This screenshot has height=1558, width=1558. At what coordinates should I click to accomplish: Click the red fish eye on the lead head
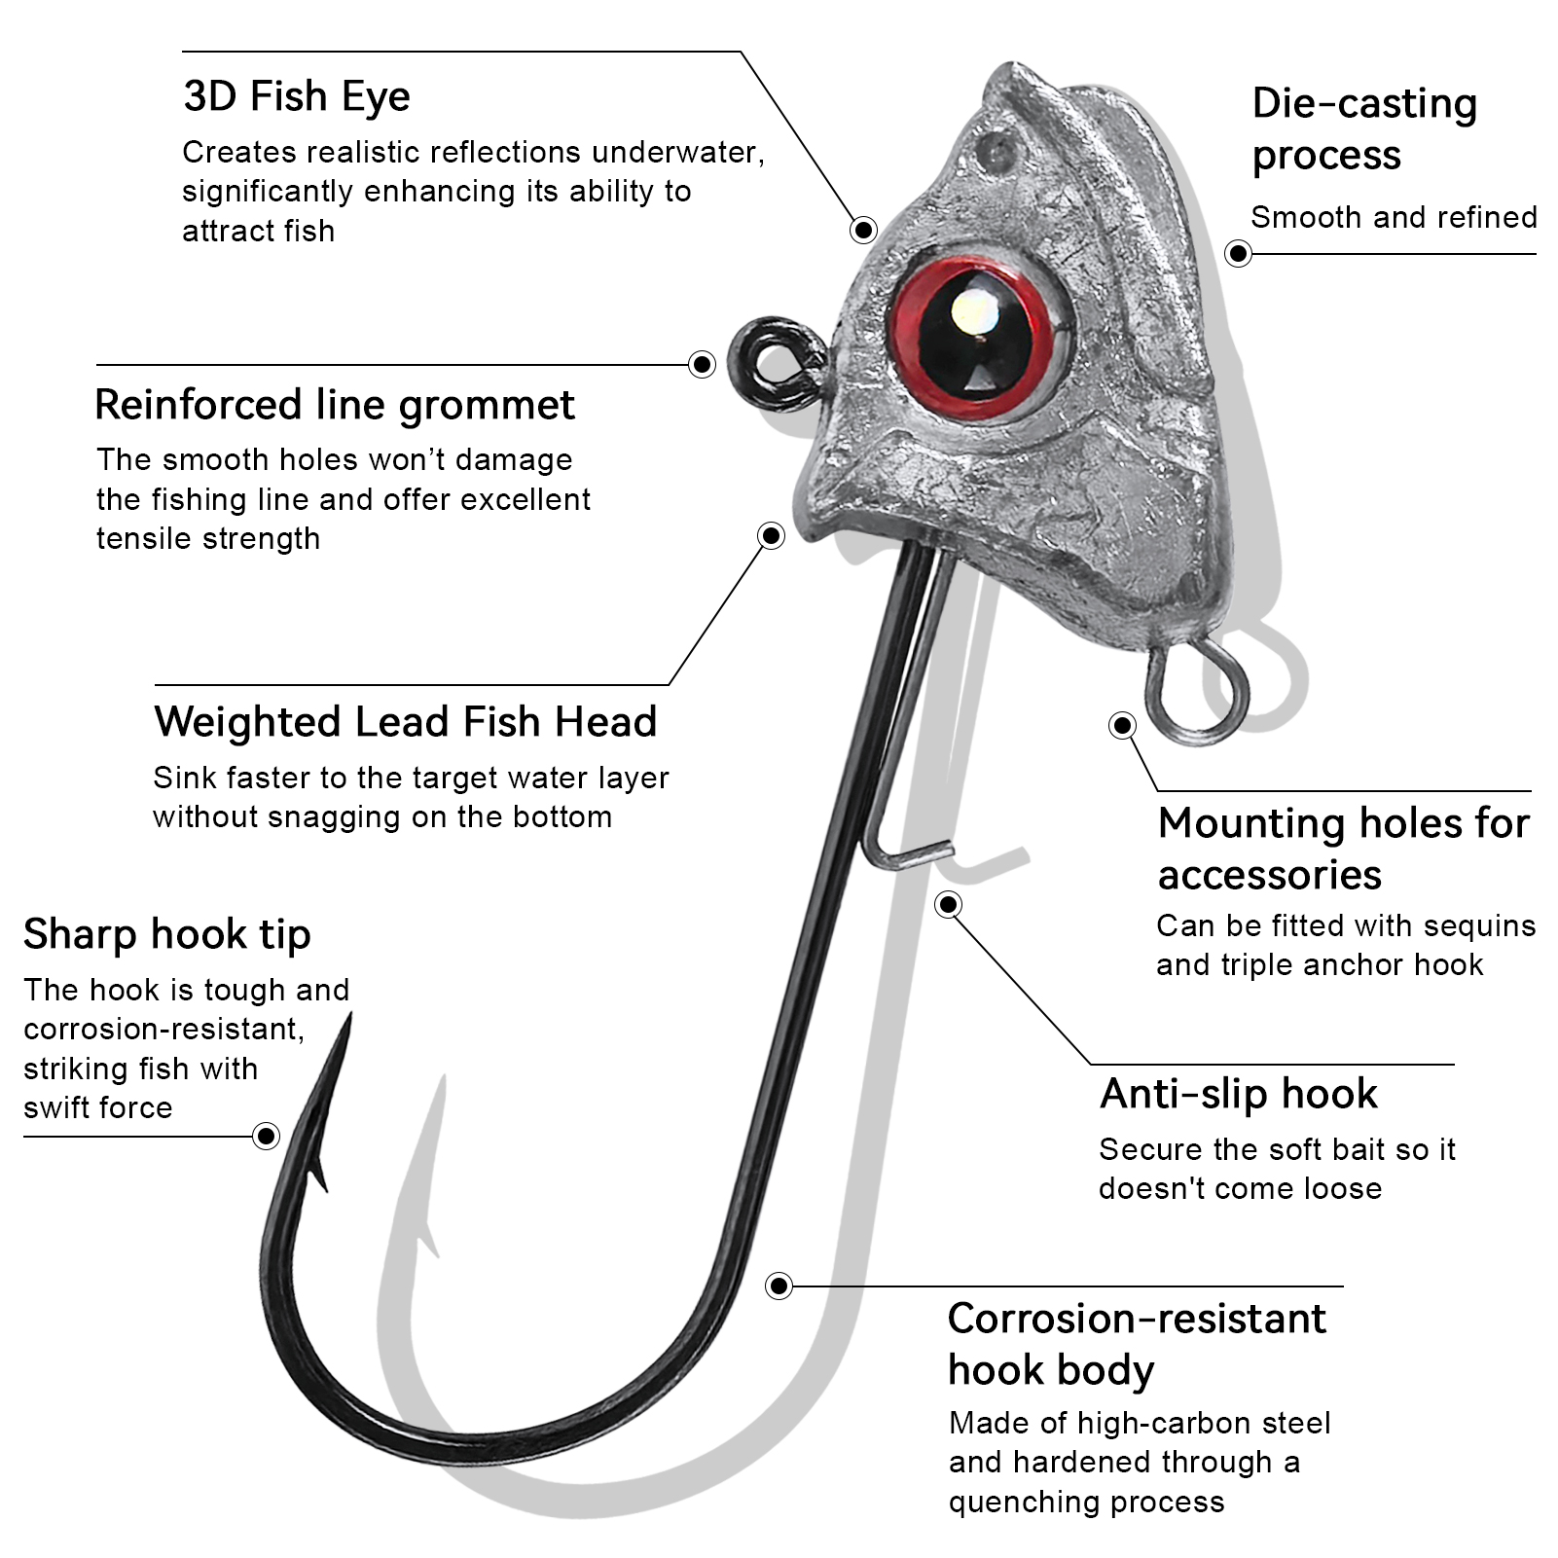[x=976, y=333]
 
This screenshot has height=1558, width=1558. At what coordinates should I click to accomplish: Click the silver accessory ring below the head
[x=1196, y=692]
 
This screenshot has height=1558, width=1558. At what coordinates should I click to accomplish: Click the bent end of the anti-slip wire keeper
[x=910, y=855]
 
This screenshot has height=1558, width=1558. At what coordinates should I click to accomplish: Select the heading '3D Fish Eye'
[x=296, y=96]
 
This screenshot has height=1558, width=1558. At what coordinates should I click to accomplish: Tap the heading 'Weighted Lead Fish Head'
[x=405, y=722]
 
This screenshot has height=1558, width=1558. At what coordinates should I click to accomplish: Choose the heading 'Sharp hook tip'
[x=166, y=934]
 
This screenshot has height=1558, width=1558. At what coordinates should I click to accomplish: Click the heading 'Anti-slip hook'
[x=1238, y=1094]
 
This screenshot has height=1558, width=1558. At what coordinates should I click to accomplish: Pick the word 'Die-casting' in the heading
[x=1364, y=103]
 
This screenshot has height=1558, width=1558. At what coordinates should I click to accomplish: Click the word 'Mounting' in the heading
[x=1249, y=823]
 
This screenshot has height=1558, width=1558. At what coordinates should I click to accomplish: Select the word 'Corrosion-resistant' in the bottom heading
[x=1136, y=1319]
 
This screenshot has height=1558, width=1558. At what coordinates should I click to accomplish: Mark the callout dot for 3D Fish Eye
[x=863, y=230]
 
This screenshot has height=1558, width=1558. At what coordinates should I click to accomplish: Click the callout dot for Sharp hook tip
[x=266, y=1136]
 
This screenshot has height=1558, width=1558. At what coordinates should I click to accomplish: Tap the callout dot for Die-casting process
[x=1238, y=254]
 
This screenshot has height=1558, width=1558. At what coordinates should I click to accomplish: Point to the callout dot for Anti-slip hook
[x=948, y=905]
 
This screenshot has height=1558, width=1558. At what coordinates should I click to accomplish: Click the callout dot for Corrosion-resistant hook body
[x=779, y=1286]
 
